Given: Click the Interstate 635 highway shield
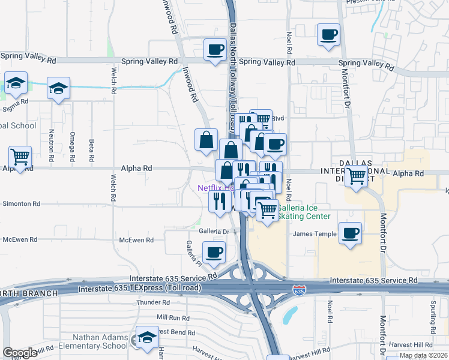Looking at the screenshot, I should point(298,291).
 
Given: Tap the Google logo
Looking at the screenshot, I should point(20,353).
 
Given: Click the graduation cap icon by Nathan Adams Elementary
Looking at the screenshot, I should point(147,338).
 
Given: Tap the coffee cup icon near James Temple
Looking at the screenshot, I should point(350,233).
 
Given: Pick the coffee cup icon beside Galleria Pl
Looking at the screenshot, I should point(214,253).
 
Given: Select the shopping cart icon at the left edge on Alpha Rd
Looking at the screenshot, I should point(20,158).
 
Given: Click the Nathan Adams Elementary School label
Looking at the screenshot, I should point(100,341).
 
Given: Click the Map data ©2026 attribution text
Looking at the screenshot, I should point(423,355).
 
